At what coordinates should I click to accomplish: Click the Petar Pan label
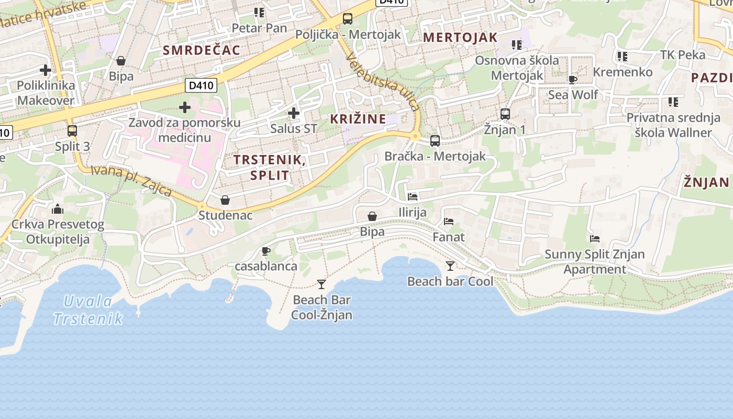(259, 28)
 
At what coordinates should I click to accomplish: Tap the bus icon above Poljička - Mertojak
(347, 19)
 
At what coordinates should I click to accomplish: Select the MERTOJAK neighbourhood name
(460, 37)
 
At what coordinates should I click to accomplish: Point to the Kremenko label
(623, 72)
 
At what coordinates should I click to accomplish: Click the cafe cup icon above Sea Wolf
(573, 80)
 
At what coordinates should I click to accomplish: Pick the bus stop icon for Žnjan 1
(505, 114)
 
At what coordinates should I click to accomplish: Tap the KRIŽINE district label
(358, 119)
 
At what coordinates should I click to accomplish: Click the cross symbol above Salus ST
(294, 113)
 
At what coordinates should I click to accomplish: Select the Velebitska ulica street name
(383, 83)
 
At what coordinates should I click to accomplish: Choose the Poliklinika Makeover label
(46, 92)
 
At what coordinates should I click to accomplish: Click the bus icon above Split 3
(72, 130)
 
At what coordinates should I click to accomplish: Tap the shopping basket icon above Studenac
(225, 200)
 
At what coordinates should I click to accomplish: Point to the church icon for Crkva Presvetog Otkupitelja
(58, 210)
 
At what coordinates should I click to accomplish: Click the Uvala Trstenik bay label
(88, 310)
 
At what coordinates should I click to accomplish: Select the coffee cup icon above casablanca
(266, 251)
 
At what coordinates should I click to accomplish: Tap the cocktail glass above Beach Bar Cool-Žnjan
(321, 284)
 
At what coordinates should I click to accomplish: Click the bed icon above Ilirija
(413, 197)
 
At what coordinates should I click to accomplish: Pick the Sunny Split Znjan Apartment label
(595, 261)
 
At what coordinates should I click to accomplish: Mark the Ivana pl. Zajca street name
(131, 181)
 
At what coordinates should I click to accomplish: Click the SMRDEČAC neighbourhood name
(202, 50)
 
